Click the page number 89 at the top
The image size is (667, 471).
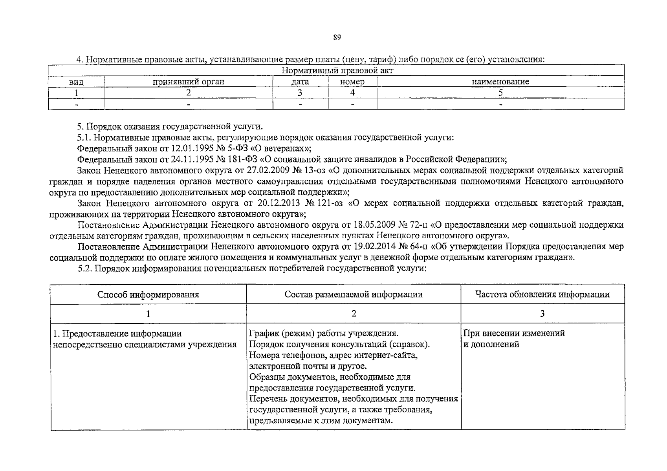[x=337, y=38]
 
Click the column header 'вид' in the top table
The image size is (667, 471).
[x=76, y=82]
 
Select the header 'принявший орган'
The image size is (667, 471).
[x=189, y=82]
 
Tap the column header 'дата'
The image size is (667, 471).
[x=300, y=82]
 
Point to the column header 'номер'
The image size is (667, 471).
[x=352, y=82]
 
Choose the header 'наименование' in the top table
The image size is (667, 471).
[x=500, y=82]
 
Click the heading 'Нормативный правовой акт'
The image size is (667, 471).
[x=337, y=71]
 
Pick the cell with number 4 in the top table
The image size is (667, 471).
[x=352, y=93]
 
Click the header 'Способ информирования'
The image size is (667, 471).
[x=148, y=294]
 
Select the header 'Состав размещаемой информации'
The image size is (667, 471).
[x=354, y=294]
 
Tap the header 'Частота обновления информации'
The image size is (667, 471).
[x=542, y=294]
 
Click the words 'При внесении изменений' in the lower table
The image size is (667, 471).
[x=514, y=333]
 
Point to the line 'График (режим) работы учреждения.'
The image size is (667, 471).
[x=324, y=333]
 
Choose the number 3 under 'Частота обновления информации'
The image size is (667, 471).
[x=542, y=313]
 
